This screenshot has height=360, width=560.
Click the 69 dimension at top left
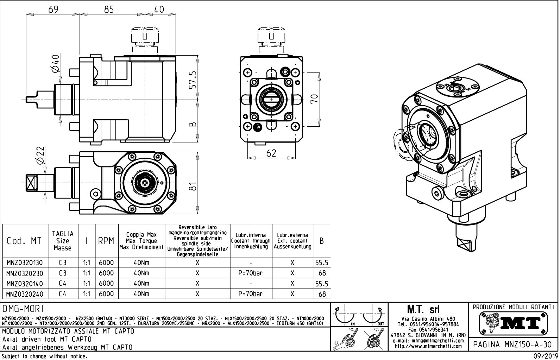click(54, 10)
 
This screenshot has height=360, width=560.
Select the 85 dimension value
click(109, 10)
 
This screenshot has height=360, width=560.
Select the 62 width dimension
click(271, 153)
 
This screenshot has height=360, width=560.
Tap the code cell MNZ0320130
click(25, 263)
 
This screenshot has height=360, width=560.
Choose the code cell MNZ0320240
click(25, 294)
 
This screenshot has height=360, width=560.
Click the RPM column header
click(106, 241)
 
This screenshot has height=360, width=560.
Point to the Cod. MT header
click(24, 241)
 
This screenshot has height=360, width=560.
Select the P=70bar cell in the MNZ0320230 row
click(251, 273)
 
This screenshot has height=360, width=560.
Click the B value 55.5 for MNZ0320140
click(322, 284)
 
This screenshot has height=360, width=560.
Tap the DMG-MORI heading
click(23, 309)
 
